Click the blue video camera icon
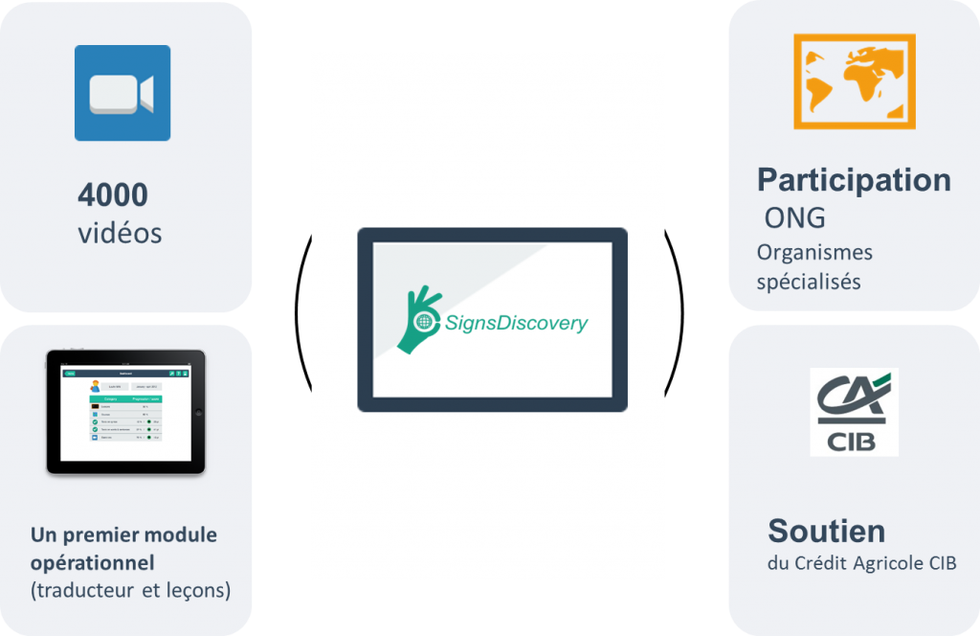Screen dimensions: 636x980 [x=122, y=93]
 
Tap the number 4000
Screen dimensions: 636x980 [x=113, y=195]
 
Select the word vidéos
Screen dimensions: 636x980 [x=120, y=233]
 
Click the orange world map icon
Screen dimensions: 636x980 [x=854, y=81]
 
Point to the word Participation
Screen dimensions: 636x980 [x=854, y=180]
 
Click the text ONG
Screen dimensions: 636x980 [x=794, y=218]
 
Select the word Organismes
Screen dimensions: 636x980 [x=814, y=252]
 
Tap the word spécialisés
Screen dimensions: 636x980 [x=809, y=282]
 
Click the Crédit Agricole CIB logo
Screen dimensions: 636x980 [x=854, y=412]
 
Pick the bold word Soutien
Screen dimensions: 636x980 [x=826, y=531]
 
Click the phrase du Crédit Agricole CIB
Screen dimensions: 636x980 [x=861, y=563]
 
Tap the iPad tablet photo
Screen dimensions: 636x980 [x=125, y=412]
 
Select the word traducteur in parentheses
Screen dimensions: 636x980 [x=84, y=590]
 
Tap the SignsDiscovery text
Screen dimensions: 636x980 [x=517, y=323]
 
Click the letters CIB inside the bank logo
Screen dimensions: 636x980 [x=854, y=443]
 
